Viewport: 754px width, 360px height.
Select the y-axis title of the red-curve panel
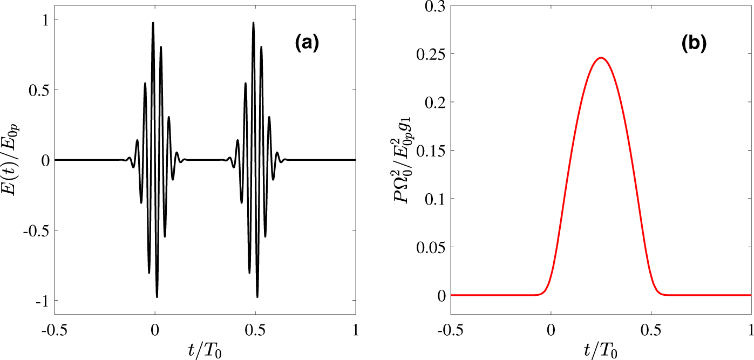pyautogui.click(x=402, y=160)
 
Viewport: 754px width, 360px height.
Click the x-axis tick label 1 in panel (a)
pyautogui.click(x=355, y=329)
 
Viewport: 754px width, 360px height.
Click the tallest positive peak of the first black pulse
pyautogui.click(x=153, y=23)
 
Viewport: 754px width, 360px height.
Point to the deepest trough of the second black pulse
pyautogui.click(x=257, y=296)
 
